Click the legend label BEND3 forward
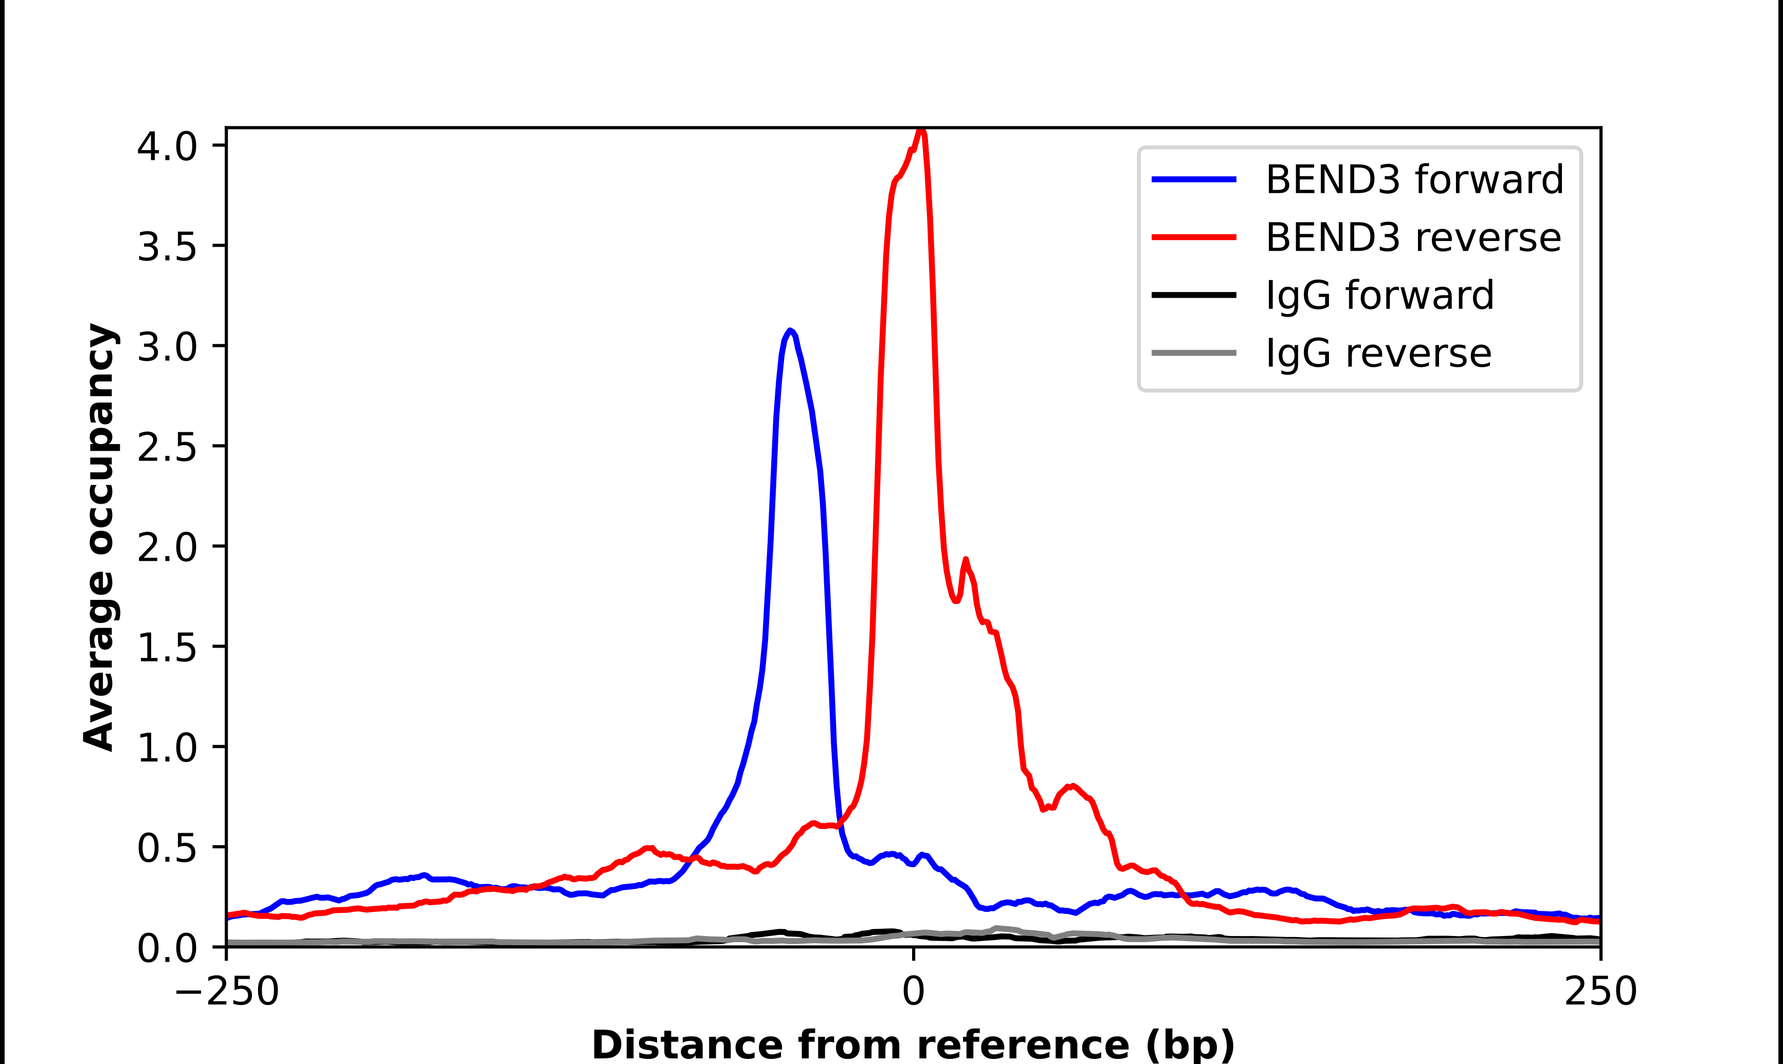[1414, 179]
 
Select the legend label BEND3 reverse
[1413, 237]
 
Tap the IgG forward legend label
[1379, 296]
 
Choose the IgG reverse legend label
[1378, 354]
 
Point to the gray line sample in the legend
[1194, 353]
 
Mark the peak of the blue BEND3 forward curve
[789, 331]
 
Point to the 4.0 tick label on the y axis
[167, 146]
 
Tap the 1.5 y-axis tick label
[167, 648]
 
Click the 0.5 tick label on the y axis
[167, 848]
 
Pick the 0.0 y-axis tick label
[167, 948]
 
